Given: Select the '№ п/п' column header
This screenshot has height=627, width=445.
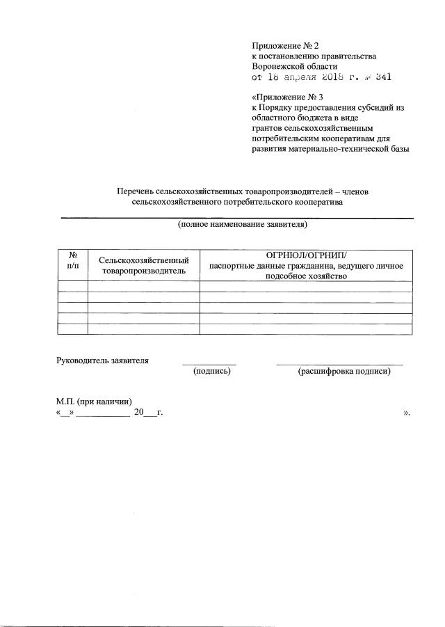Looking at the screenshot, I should click(x=72, y=260).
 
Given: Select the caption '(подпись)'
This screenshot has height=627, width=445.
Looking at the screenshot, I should click(x=211, y=372).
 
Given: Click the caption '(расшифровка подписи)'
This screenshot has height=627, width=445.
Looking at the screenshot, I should click(x=343, y=372).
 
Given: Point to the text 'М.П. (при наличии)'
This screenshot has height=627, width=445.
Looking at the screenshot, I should click(x=94, y=402).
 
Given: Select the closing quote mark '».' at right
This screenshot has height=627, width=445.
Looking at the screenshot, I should click(x=407, y=413).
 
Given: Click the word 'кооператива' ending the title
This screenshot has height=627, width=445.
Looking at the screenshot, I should click(x=320, y=202).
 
